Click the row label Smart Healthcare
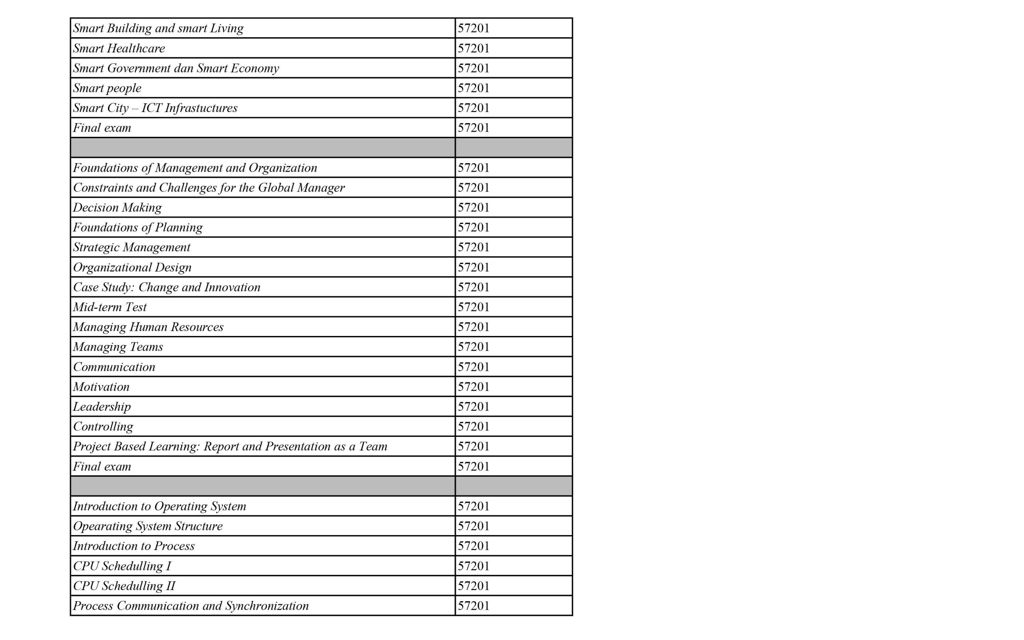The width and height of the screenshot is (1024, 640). [119, 48]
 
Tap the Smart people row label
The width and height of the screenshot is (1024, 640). [107, 88]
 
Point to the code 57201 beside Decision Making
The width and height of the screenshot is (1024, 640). [474, 208]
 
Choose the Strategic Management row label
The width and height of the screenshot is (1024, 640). [132, 247]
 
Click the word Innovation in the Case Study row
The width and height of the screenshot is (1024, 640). [232, 287]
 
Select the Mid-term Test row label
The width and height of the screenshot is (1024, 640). [110, 307]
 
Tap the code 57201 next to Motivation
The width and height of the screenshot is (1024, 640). [474, 386]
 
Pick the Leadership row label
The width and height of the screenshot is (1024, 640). [102, 406]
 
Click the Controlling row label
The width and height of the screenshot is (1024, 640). [103, 426]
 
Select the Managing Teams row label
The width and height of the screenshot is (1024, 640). [118, 347]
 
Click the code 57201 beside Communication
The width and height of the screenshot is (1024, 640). [474, 366]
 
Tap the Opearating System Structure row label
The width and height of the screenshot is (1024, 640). [148, 526]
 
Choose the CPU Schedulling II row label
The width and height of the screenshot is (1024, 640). [124, 586]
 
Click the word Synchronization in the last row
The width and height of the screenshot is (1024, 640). [267, 606]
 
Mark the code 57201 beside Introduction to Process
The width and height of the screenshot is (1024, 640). [474, 546]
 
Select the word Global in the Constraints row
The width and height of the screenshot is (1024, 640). [276, 188]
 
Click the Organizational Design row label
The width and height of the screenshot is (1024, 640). [132, 267]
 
